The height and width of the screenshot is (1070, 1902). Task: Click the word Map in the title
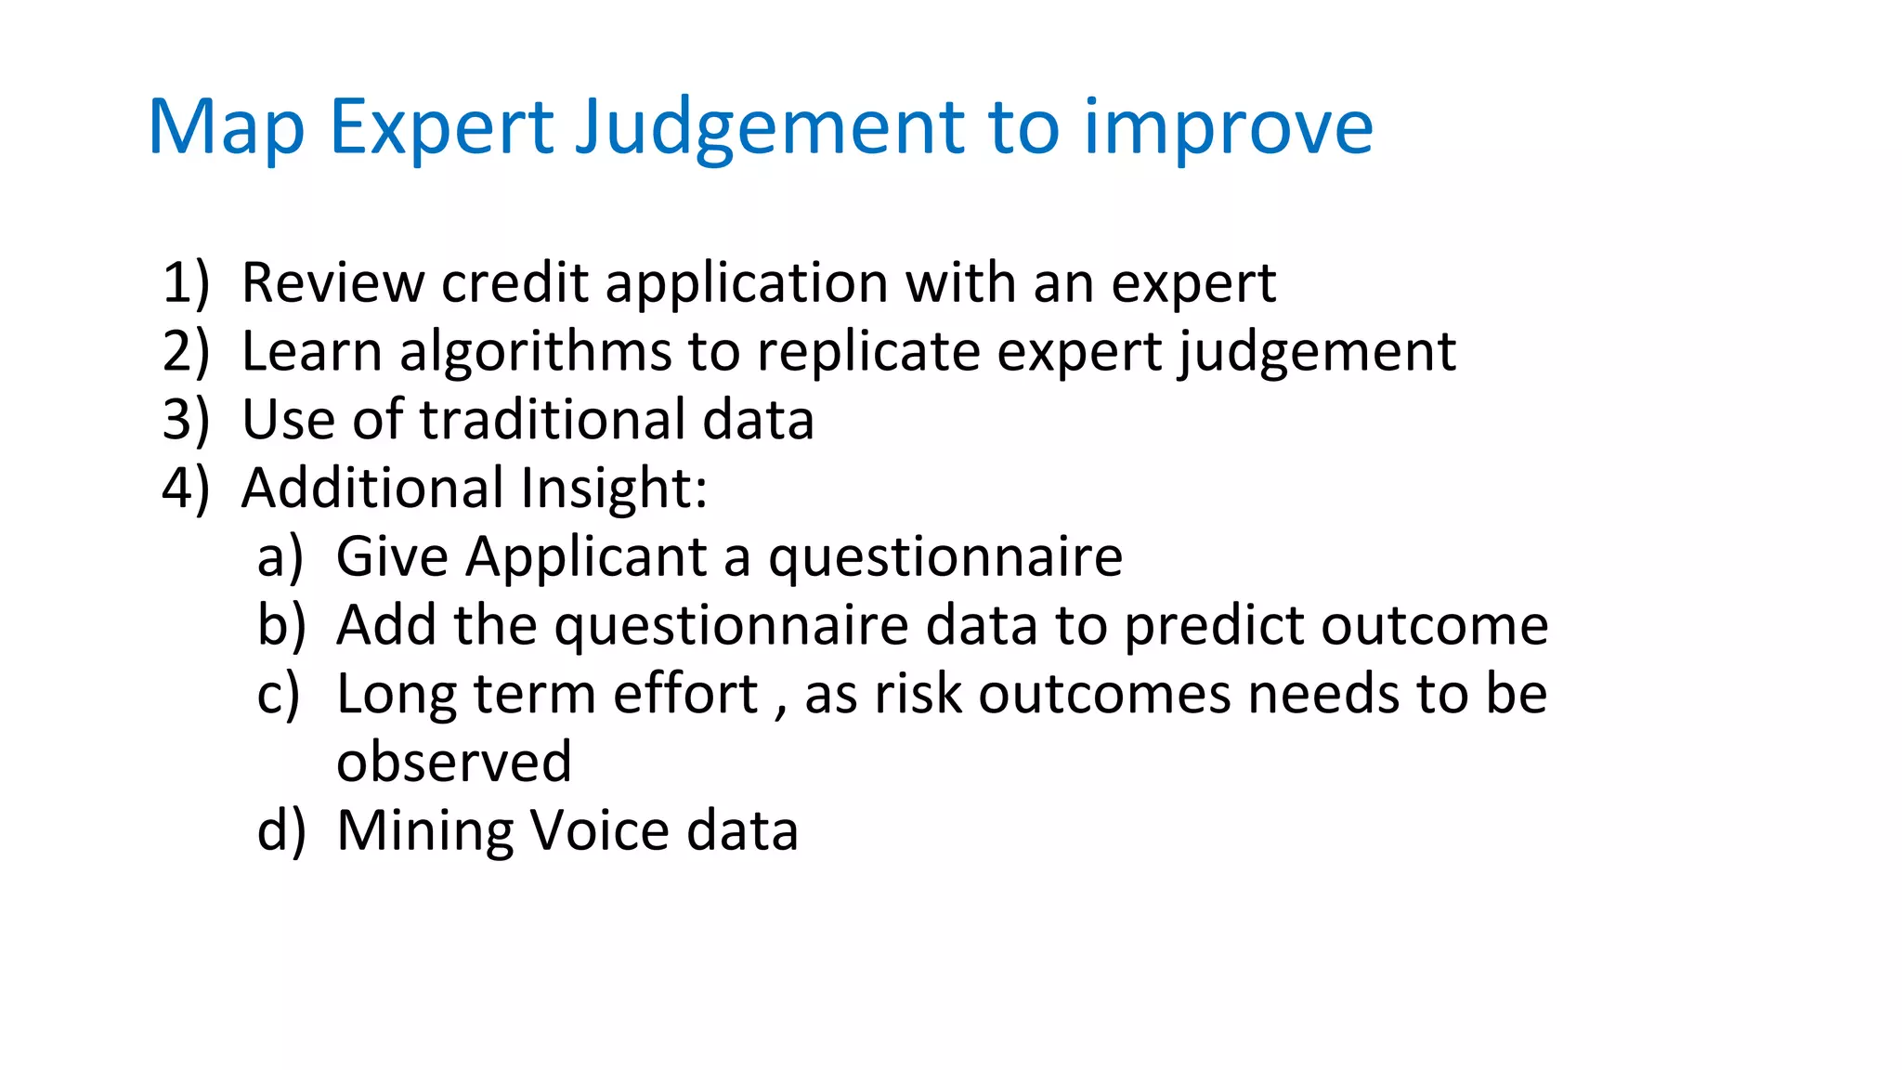point(226,127)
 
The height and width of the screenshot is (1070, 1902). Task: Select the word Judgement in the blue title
point(769,127)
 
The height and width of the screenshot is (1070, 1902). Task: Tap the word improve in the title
point(1228,127)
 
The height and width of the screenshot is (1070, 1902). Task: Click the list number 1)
point(186,282)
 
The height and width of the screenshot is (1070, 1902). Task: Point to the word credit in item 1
point(515,282)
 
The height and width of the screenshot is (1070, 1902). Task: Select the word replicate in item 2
point(867,352)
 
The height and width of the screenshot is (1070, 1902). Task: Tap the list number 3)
point(186,420)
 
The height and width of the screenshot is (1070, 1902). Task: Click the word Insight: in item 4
point(613,489)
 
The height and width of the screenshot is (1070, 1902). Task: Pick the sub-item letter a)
point(280,557)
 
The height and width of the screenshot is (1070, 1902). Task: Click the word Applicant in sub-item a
point(586,557)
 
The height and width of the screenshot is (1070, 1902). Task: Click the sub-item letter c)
point(279,695)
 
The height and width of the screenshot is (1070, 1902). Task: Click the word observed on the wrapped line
point(453,763)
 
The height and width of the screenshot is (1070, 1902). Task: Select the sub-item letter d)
point(280,830)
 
